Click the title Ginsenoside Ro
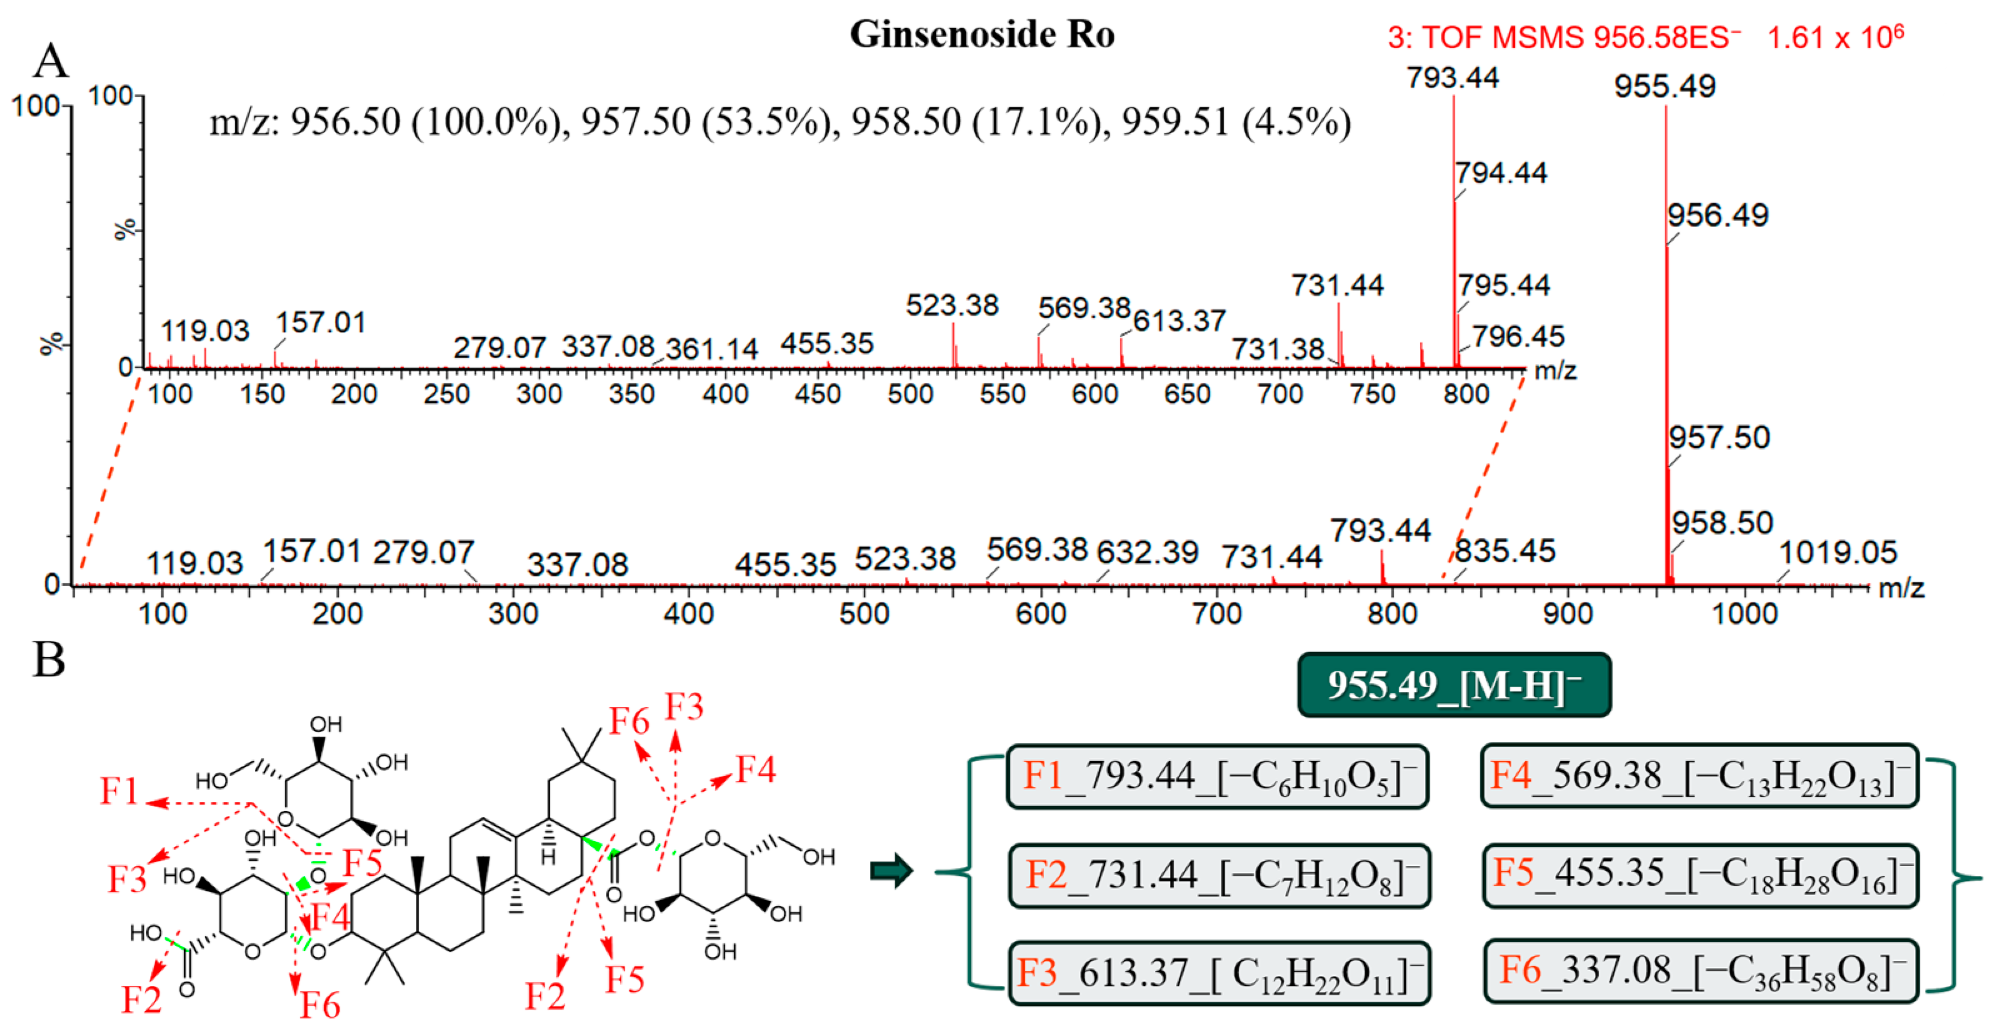coord(982,35)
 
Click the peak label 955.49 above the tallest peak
coord(1664,86)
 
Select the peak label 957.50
coord(1719,438)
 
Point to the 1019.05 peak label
coord(1837,553)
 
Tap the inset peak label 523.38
coord(952,305)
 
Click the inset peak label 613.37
coord(1179,321)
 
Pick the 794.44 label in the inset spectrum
coord(1500,173)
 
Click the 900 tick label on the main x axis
coord(1567,614)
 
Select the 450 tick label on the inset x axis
coord(817,394)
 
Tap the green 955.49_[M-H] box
coord(1454,685)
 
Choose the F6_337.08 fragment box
coord(1700,971)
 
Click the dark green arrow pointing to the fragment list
coord(891,871)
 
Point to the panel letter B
coord(49,660)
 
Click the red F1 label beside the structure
coord(119,791)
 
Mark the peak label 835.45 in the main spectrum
coord(1504,551)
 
